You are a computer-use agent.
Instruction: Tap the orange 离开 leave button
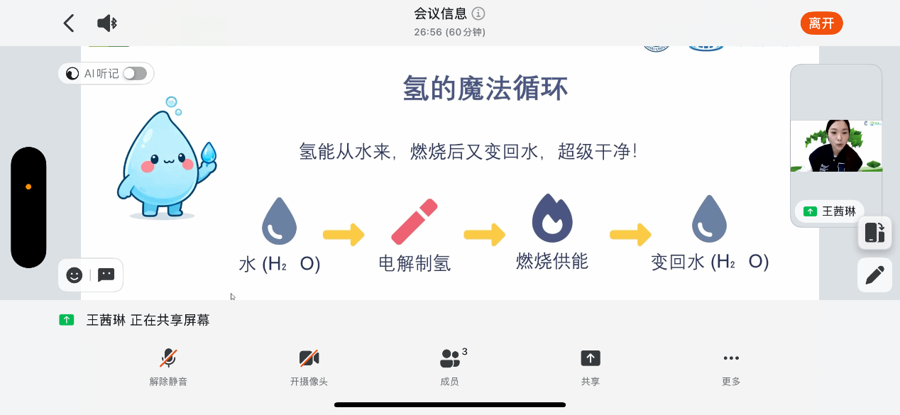[821, 23]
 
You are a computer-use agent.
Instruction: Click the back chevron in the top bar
[69, 23]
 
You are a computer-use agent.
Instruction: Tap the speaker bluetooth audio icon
[106, 23]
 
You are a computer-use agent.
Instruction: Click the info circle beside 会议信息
[478, 13]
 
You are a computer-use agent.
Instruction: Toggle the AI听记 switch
[134, 73]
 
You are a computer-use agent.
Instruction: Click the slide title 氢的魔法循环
[485, 90]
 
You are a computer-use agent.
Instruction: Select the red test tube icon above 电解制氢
[415, 221]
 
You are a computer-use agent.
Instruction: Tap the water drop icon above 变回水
[709, 219]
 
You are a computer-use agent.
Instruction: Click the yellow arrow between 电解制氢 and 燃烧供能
[484, 234]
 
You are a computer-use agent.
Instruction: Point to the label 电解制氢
[415, 263]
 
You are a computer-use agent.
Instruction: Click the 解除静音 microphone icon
[168, 358]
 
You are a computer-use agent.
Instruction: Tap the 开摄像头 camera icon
[309, 358]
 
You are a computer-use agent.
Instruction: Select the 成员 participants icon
[449, 358]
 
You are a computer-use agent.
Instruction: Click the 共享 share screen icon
[591, 358]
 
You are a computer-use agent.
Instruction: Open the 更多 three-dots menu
[731, 358]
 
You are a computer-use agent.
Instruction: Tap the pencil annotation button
[874, 275]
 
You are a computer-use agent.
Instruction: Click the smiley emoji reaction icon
[75, 275]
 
